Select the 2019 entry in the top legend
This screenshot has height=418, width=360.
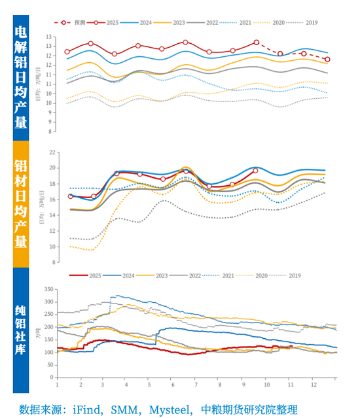(311, 23)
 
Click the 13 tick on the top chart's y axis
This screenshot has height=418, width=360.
(50, 46)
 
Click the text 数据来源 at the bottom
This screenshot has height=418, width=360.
(40, 409)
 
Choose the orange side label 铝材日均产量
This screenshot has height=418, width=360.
(20, 204)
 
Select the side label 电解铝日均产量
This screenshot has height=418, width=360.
(20, 77)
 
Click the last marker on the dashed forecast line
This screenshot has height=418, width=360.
(327, 60)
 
